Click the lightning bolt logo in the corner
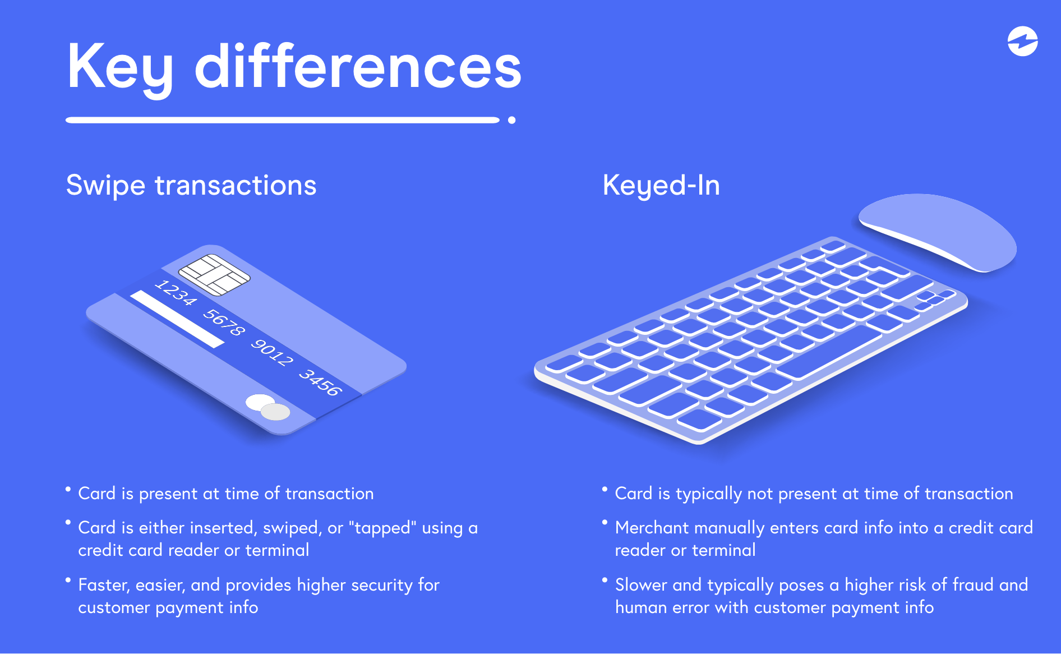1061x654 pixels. click(x=1022, y=42)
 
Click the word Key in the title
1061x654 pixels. click(x=120, y=67)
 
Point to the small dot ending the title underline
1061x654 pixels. click(x=511, y=120)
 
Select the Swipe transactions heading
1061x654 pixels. click(x=191, y=185)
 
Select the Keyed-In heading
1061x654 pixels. click(x=661, y=185)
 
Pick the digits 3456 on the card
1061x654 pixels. click(x=320, y=382)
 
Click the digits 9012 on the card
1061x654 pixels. click(x=272, y=352)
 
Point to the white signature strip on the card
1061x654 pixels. click(x=177, y=319)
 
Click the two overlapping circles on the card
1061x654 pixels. click(x=268, y=407)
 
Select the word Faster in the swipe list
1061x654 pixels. click(x=103, y=585)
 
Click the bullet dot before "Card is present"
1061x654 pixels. click(x=68, y=489)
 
